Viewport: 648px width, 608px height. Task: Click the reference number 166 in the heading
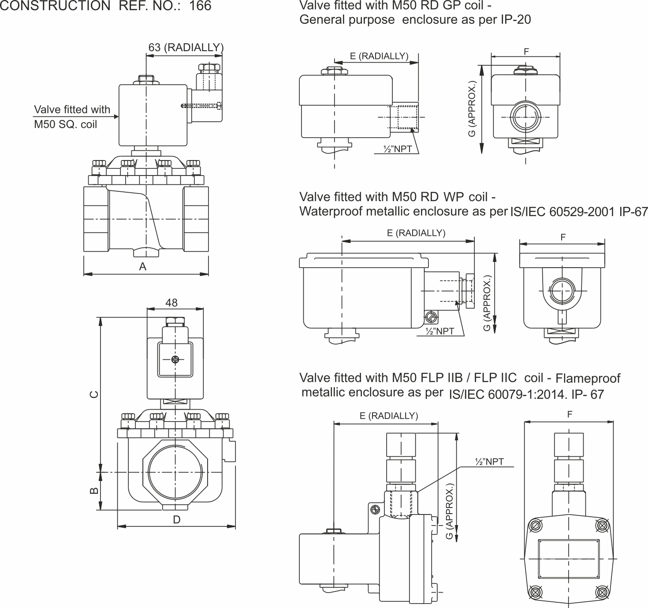point(200,6)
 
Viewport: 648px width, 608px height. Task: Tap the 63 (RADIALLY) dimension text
point(186,48)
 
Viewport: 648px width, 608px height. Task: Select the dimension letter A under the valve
point(142,267)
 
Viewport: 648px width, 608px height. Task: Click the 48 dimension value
point(171,302)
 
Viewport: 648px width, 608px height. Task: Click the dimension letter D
point(176,520)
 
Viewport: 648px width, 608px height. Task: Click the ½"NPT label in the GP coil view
point(398,149)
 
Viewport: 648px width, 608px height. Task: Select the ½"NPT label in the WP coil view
point(439,331)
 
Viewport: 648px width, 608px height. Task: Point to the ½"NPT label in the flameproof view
point(488,462)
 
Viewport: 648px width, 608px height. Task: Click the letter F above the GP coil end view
point(526,52)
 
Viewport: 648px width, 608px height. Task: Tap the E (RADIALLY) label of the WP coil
point(416,233)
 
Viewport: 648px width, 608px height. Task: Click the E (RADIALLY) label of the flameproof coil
point(388,416)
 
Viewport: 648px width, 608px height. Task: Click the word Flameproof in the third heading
point(588,378)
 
